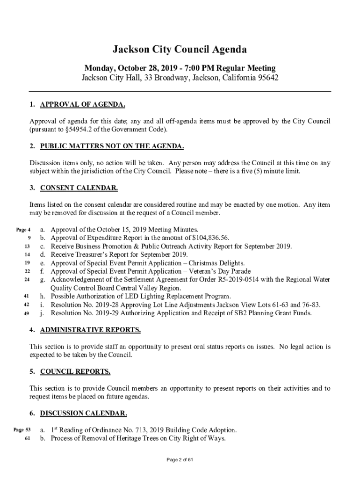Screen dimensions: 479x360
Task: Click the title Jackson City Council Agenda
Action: pyautogui.click(x=180, y=50)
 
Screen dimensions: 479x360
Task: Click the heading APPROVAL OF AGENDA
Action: pyautogui.click(x=82, y=104)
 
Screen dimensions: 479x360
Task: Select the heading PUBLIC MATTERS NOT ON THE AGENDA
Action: pyautogui.click(x=112, y=146)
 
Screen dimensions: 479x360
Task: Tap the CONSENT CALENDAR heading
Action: pyautogui.click(x=79, y=189)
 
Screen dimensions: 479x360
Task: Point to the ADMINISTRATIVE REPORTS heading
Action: pyautogui.click(x=90, y=330)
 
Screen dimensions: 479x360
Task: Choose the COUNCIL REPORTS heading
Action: pyautogui.click(x=75, y=372)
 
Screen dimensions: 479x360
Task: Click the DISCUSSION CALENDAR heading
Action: pyautogui.click(x=83, y=414)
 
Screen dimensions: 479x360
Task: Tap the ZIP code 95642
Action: pyautogui.click(x=267, y=78)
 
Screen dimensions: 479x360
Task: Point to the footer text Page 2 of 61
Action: pyautogui.click(x=180, y=460)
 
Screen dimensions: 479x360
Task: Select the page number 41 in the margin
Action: pyautogui.click(x=26, y=297)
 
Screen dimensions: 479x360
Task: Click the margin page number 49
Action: pyautogui.click(x=26, y=313)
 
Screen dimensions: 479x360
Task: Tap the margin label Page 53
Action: pyautogui.click(x=22, y=430)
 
